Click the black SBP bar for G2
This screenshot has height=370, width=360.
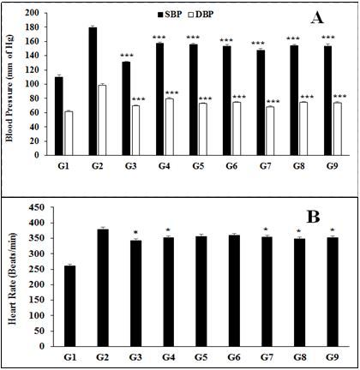(92, 92)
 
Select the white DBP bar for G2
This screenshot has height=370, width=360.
(101, 121)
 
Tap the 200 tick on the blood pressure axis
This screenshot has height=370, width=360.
(34, 14)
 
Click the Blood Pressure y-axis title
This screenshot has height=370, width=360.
(11, 85)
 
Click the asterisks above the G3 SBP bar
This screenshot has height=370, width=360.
(126, 54)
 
